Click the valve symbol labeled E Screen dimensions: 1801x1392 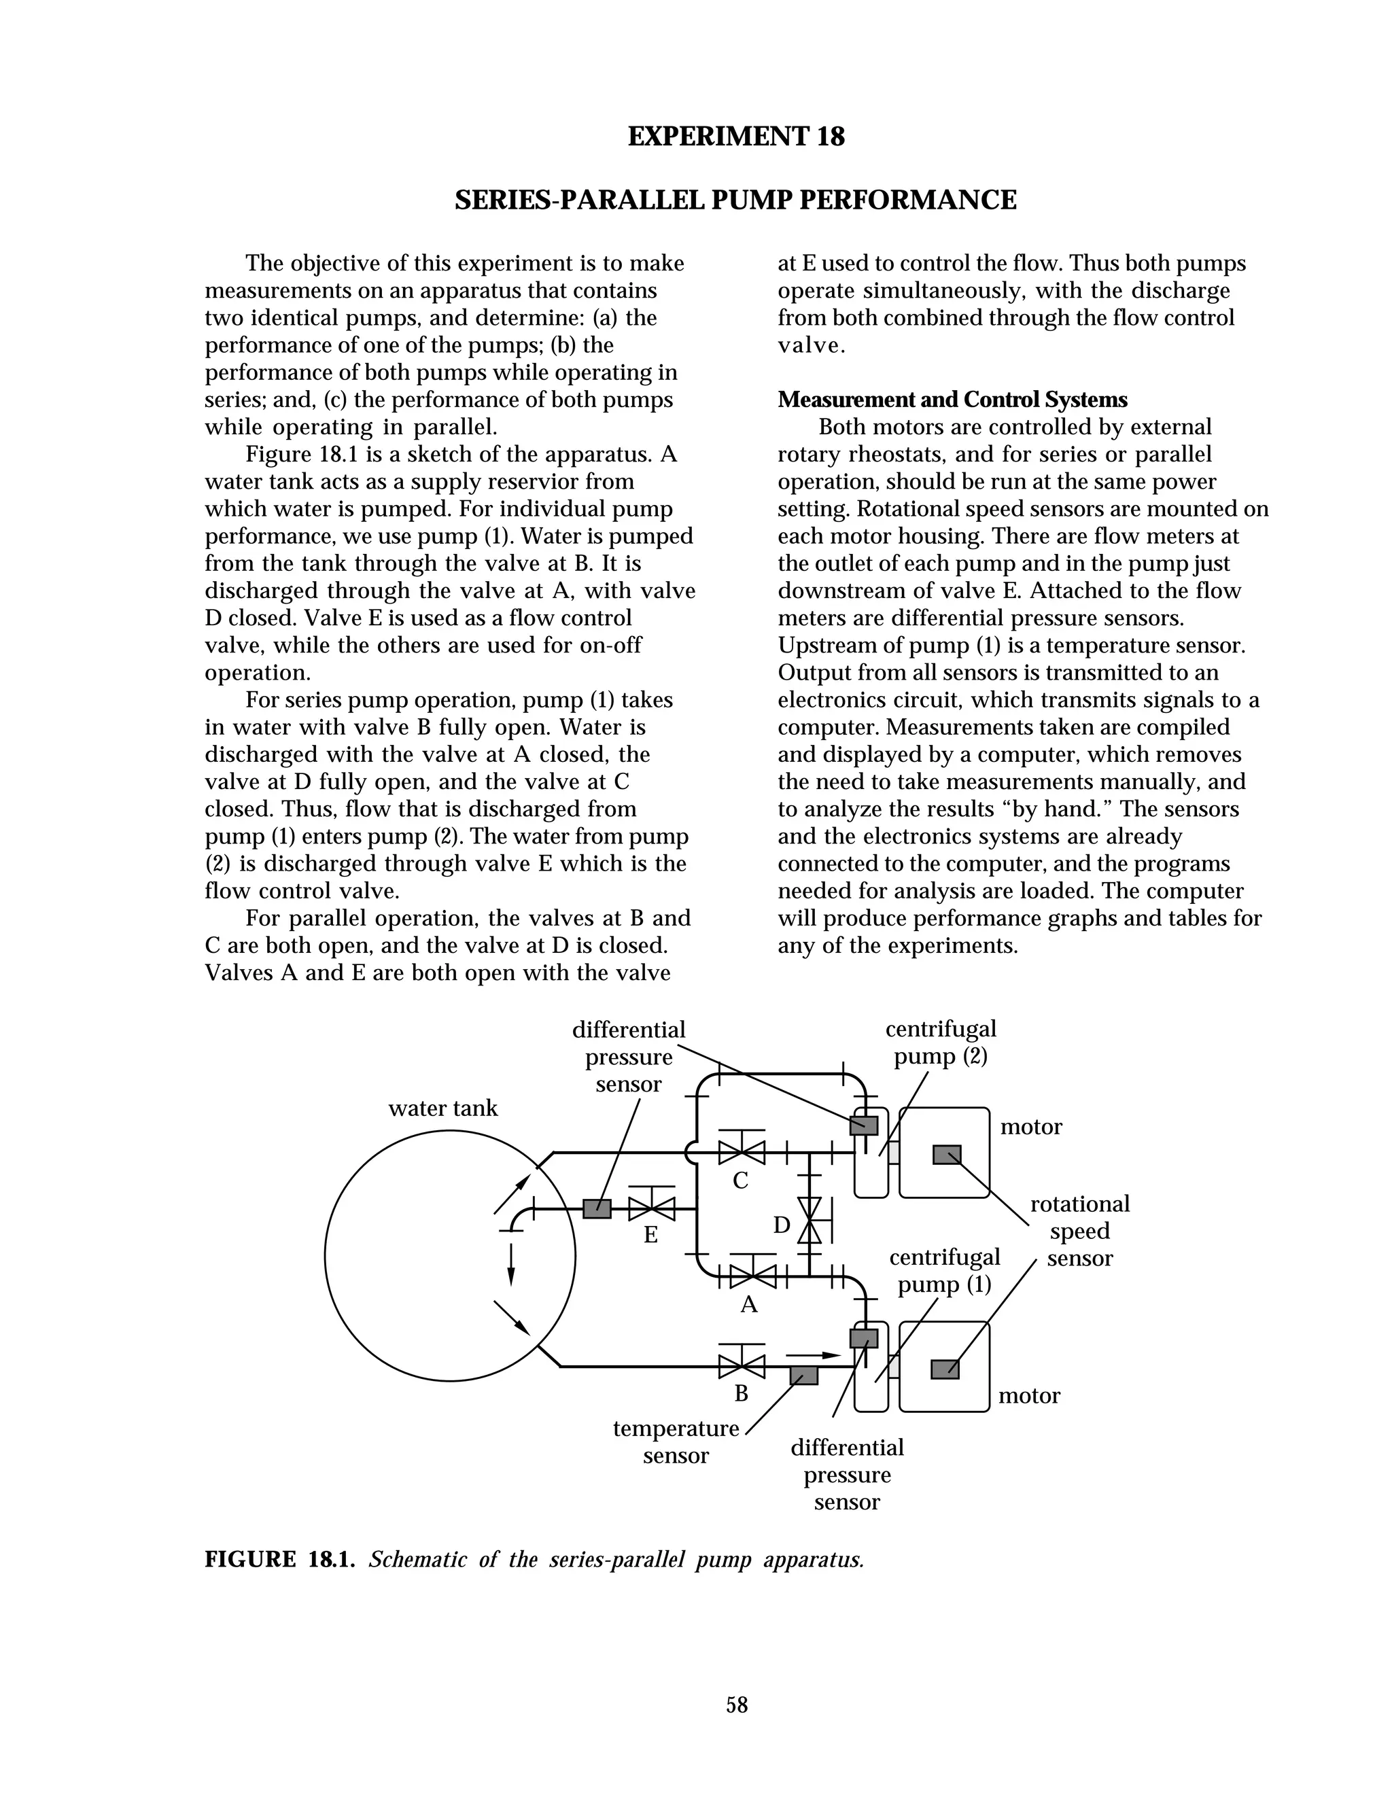pyautogui.click(x=651, y=1209)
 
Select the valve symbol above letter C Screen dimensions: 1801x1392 pyautogui.click(x=742, y=1151)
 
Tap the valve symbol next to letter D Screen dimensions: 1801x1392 pyautogui.click(x=810, y=1221)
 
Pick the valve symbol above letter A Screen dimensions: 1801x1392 pyautogui.click(x=753, y=1276)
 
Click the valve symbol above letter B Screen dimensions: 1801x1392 pyautogui.click(x=742, y=1367)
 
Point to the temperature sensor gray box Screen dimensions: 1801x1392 pyautogui.click(x=804, y=1376)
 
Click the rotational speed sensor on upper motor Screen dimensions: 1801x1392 pyautogui.click(x=947, y=1155)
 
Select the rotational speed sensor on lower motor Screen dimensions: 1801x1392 pyautogui.click(x=945, y=1369)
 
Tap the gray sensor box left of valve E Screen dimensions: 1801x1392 pyautogui.click(x=597, y=1209)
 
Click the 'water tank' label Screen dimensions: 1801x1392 pyautogui.click(x=443, y=1108)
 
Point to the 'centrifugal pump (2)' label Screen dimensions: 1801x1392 pyautogui.click(x=941, y=1043)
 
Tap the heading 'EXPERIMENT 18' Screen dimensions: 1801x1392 pyautogui.click(x=735, y=136)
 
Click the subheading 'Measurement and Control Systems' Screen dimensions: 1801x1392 pyautogui.click(x=952, y=400)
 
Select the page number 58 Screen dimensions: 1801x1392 pyautogui.click(x=736, y=1704)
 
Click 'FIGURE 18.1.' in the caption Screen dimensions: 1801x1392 pyautogui.click(x=279, y=1559)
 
